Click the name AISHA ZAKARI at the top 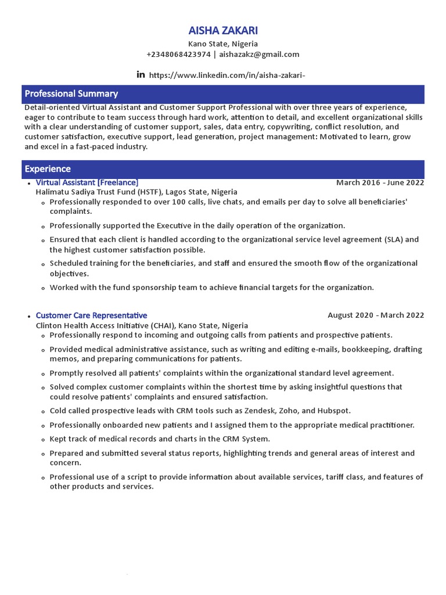click(x=223, y=30)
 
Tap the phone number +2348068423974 click(x=178, y=55)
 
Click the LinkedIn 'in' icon click(x=141, y=74)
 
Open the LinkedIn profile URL click(x=227, y=75)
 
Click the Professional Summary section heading click(x=71, y=94)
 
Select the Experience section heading click(x=48, y=169)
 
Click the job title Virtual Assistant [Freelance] click(x=87, y=182)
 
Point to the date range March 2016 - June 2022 click(x=380, y=182)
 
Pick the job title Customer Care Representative click(x=91, y=316)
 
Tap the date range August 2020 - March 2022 click(x=376, y=316)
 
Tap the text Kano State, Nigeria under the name click(x=223, y=44)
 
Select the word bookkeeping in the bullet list click(x=365, y=349)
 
